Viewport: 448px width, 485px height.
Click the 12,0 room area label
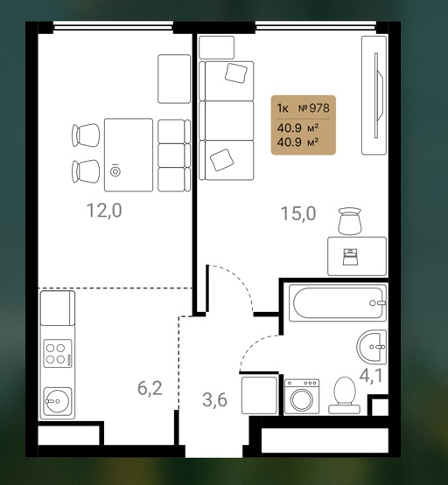pyautogui.click(x=104, y=211)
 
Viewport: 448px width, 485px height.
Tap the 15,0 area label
pyautogui.click(x=298, y=213)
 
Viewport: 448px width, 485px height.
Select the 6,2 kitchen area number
pyautogui.click(x=150, y=389)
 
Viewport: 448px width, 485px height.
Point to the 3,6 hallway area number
pyautogui.click(x=215, y=399)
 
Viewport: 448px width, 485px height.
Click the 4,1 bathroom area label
pyautogui.click(x=371, y=376)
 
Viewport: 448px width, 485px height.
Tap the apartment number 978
pyautogui.click(x=314, y=108)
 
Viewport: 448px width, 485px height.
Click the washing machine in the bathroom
pyautogui.click(x=302, y=397)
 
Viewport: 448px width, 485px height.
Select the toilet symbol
pyautogui.click(x=344, y=395)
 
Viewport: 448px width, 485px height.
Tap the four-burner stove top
pyautogui.click(x=58, y=354)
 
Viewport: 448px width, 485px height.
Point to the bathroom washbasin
pyautogui.click(x=372, y=347)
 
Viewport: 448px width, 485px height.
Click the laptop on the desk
pyautogui.click(x=350, y=257)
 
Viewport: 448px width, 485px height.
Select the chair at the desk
pyautogui.click(x=350, y=221)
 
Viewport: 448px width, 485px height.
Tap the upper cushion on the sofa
pyautogui.click(x=236, y=73)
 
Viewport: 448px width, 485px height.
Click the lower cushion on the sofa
pyautogui.click(x=221, y=160)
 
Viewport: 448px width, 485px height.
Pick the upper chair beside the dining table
pyautogui.click(x=86, y=135)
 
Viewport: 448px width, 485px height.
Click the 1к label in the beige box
pyautogui.click(x=283, y=108)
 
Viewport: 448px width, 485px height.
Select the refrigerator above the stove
pyautogui.click(x=58, y=308)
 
